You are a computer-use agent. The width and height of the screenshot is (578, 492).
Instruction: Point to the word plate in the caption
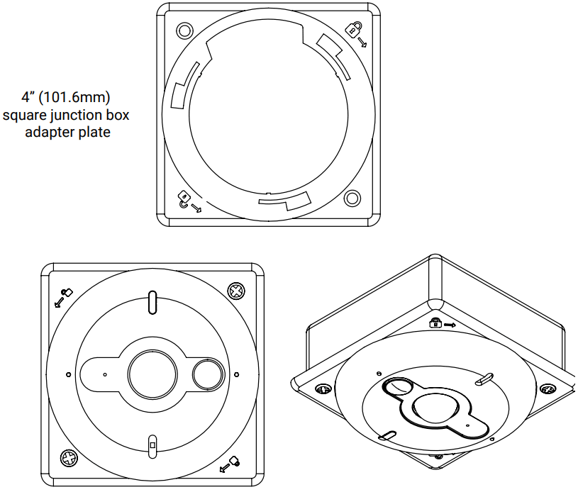point(95,132)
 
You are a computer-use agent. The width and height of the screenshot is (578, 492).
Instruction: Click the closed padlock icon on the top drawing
point(353,29)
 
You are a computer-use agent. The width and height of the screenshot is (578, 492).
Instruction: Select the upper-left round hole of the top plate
point(184,30)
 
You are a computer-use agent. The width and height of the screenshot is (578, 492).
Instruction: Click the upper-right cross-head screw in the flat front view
point(235,291)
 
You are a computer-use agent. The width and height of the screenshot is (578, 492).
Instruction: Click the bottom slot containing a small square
point(151,447)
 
